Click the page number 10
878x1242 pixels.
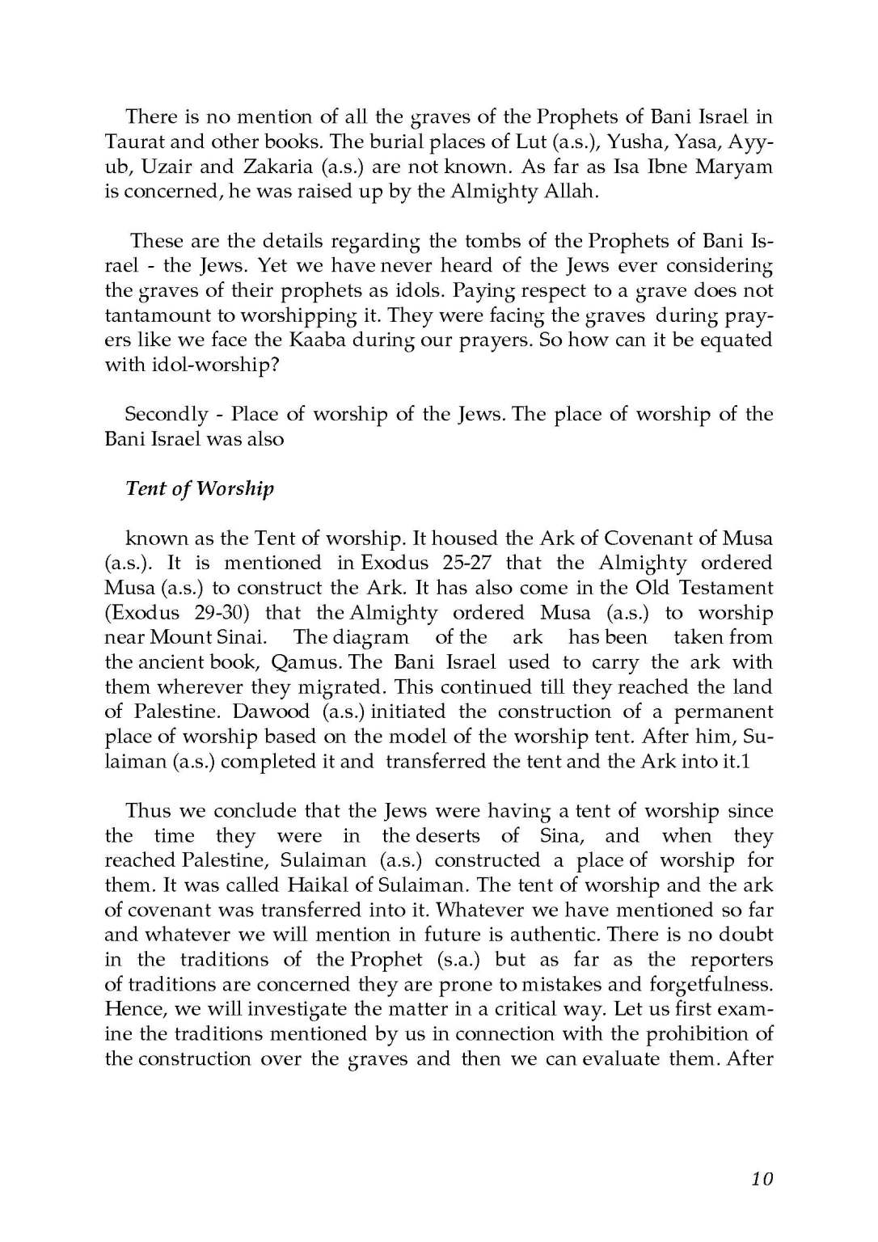click(x=762, y=1178)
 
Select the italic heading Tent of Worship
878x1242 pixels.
click(x=200, y=488)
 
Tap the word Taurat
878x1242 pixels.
click(x=135, y=142)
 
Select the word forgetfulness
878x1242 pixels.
click(x=711, y=985)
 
